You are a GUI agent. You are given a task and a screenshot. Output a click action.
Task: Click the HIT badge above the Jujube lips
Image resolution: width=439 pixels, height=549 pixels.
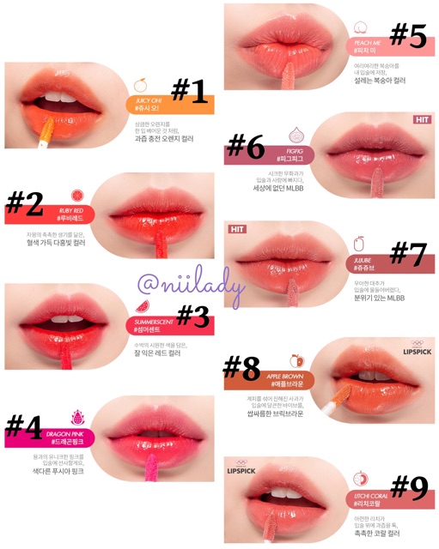point(238,229)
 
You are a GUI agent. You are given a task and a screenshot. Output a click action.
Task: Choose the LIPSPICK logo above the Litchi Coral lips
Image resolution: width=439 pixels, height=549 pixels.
point(243,470)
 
